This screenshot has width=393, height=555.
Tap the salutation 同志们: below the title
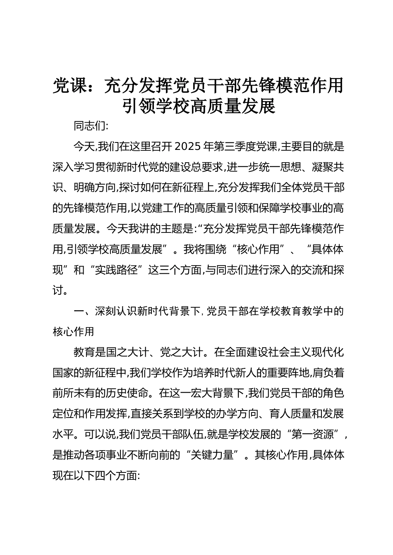[91, 126]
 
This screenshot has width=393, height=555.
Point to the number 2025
[189, 147]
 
